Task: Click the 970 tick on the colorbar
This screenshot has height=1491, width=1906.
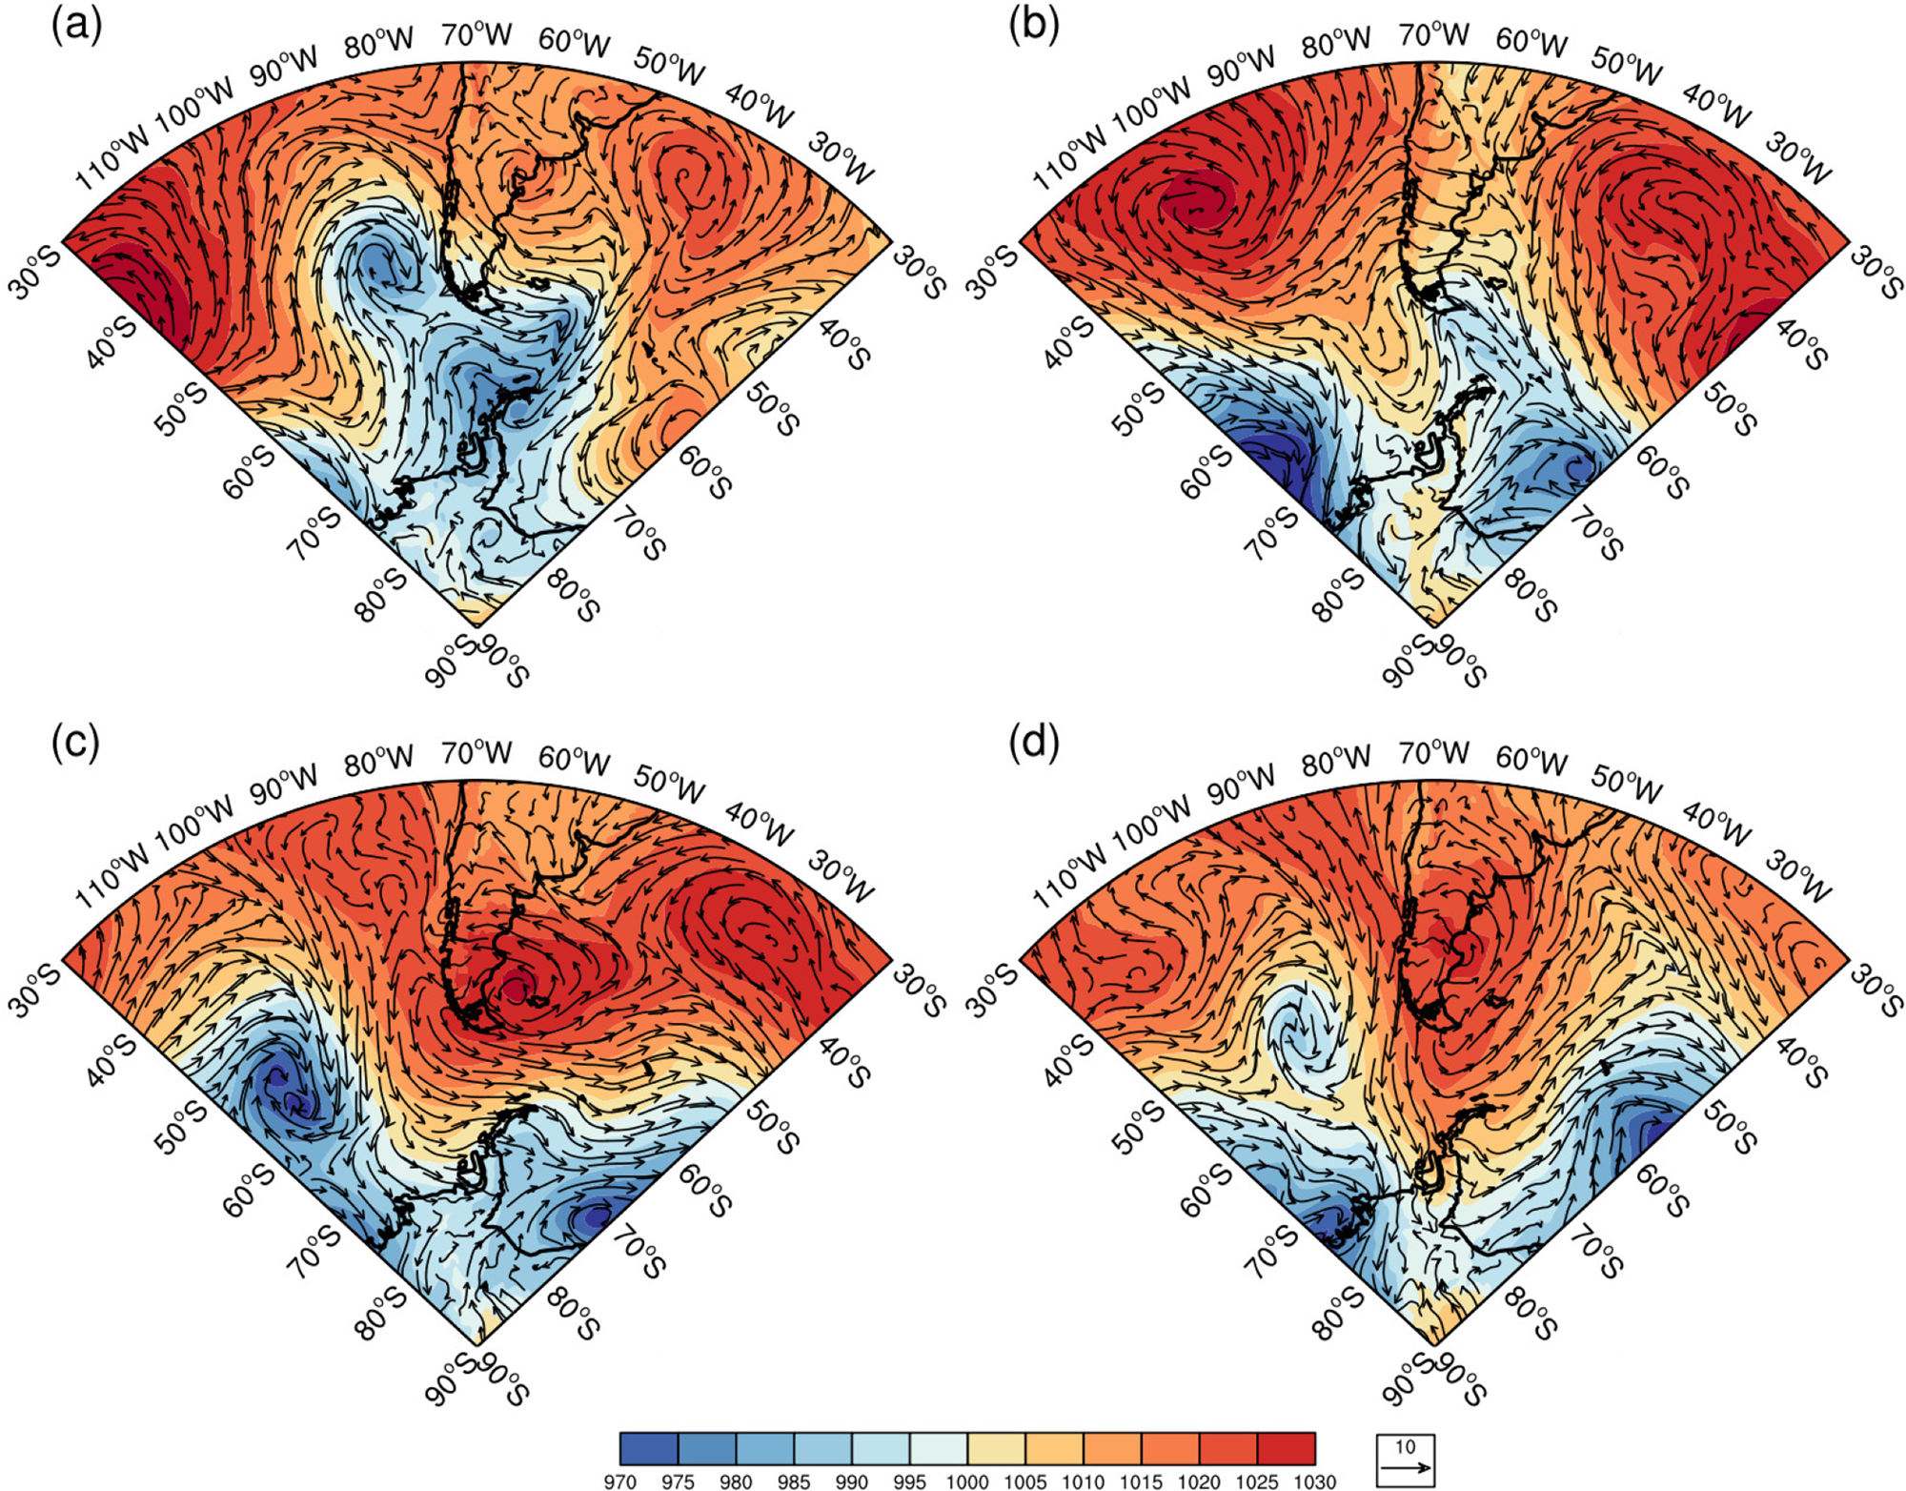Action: [x=619, y=1481]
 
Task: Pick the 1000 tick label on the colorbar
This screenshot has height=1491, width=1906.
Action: [x=967, y=1481]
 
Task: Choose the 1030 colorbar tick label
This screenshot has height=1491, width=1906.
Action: [x=1315, y=1481]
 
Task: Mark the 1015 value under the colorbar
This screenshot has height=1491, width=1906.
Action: [x=1141, y=1481]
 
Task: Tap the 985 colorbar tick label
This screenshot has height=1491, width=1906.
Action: [x=793, y=1481]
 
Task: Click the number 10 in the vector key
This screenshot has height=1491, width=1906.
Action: [x=1406, y=1446]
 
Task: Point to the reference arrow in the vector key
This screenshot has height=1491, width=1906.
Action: [x=1406, y=1468]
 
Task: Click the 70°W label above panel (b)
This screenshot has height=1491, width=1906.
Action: [x=1434, y=35]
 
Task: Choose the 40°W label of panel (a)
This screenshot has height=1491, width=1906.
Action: [x=759, y=105]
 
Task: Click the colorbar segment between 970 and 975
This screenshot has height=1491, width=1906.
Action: [x=649, y=1448]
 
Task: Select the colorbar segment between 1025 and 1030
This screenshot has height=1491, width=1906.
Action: [x=1287, y=1448]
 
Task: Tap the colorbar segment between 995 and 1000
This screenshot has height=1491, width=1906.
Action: [x=939, y=1448]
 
